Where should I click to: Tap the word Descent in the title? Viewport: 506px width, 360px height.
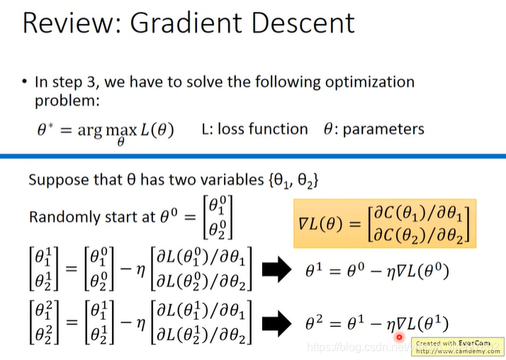point(303,23)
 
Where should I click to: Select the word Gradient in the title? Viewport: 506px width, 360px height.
point(186,24)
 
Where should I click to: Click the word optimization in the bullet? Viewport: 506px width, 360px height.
point(370,82)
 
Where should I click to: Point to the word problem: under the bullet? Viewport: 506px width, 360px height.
point(67,101)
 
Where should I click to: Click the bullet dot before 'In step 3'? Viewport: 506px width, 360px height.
point(25,81)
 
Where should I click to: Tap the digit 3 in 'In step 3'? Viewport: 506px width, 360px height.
point(91,82)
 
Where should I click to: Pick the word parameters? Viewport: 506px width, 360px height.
point(383,130)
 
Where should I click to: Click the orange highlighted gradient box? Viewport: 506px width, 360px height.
point(385,223)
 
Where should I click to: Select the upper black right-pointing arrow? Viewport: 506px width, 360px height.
point(276,269)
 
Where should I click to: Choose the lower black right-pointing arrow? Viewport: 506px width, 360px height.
point(276,323)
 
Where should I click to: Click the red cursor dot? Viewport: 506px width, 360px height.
point(399,337)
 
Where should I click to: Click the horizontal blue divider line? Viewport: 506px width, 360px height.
point(253,157)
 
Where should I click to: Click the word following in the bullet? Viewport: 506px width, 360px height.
point(288,82)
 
